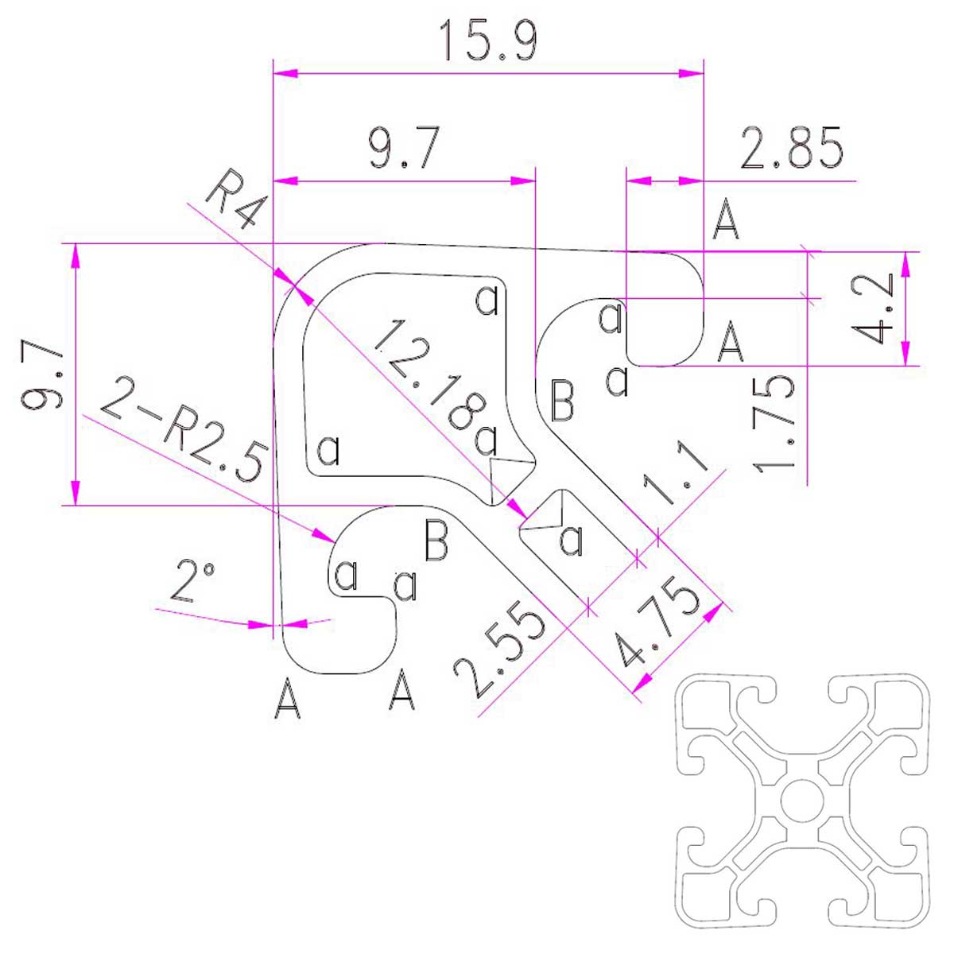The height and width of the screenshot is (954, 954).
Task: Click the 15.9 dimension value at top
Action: click(487, 40)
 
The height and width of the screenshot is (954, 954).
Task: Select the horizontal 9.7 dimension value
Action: click(404, 148)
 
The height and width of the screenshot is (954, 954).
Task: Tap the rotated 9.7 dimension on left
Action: click(41, 374)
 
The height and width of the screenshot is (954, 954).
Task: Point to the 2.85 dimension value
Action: click(790, 148)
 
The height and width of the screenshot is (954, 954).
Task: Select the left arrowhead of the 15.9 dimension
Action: click(285, 73)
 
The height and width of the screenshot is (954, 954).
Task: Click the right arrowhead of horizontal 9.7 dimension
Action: click(523, 180)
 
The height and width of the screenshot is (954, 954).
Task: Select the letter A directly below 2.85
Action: click(726, 219)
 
